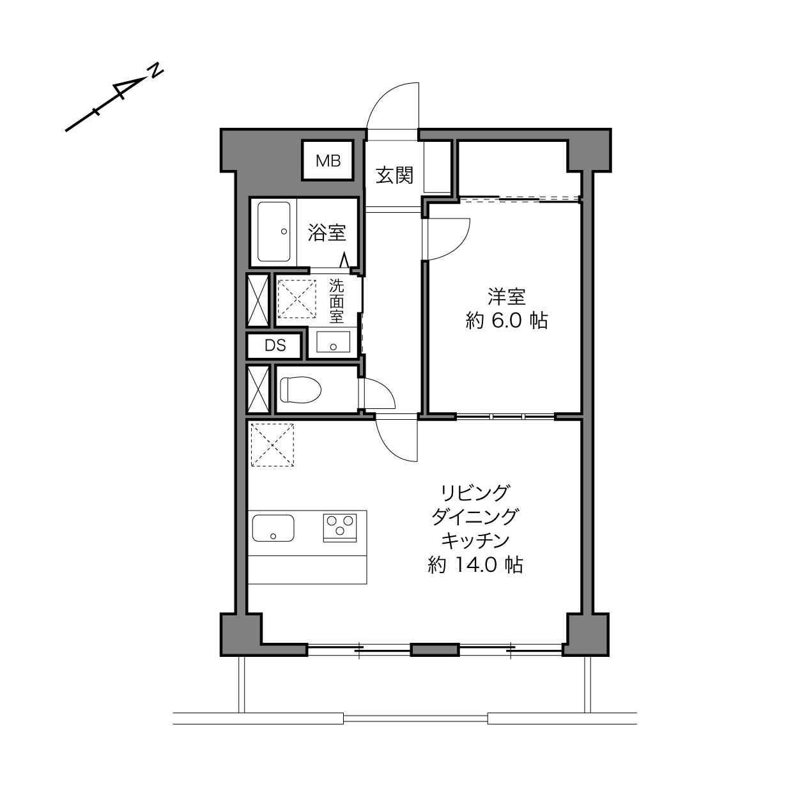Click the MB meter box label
[x=328, y=160]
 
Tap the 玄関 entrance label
[x=394, y=176]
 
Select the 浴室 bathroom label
[x=327, y=233]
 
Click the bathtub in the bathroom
[x=274, y=231]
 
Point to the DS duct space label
[x=275, y=346]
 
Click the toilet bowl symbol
[x=300, y=390]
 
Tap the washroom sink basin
[x=333, y=342]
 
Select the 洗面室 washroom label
[x=336, y=301]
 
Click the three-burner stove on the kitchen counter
[x=340, y=528]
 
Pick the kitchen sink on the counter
[x=273, y=528]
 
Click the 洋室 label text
[x=507, y=297]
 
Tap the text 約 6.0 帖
[x=507, y=321]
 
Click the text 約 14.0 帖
[x=475, y=565]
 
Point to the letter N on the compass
[x=156, y=70]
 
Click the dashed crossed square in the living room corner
[x=272, y=445]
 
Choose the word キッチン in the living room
[x=475, y=541]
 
